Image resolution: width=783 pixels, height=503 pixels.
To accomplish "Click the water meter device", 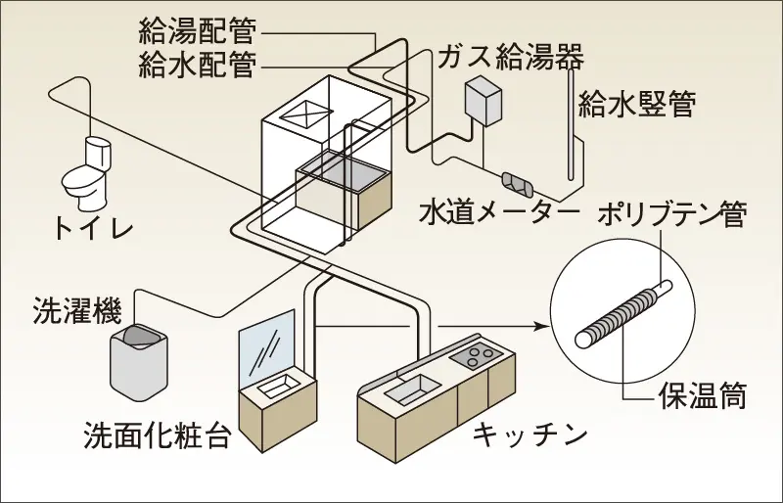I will pyautogui.click(x=516, y=182).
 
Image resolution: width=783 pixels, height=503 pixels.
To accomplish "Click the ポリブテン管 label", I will pyautogui.click(x=674, y=216).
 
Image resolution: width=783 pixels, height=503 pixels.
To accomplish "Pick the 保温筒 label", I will pyautogui.click(x=702, y=397).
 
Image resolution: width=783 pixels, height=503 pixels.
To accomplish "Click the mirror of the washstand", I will pyautogui.click(x=267, y=343).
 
